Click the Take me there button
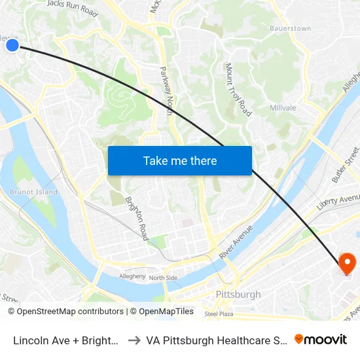[179, 160]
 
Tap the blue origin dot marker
[12, 44]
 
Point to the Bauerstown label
[290, 29]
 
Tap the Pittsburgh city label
[238, 295]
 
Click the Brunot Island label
[33, 192]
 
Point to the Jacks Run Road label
[72, 8]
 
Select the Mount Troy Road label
[238, 90]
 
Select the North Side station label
[163, 278]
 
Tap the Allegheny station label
[132, 276]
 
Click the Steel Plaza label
[219, 314]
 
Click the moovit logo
[320, 339]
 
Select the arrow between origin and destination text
[133, 340]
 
